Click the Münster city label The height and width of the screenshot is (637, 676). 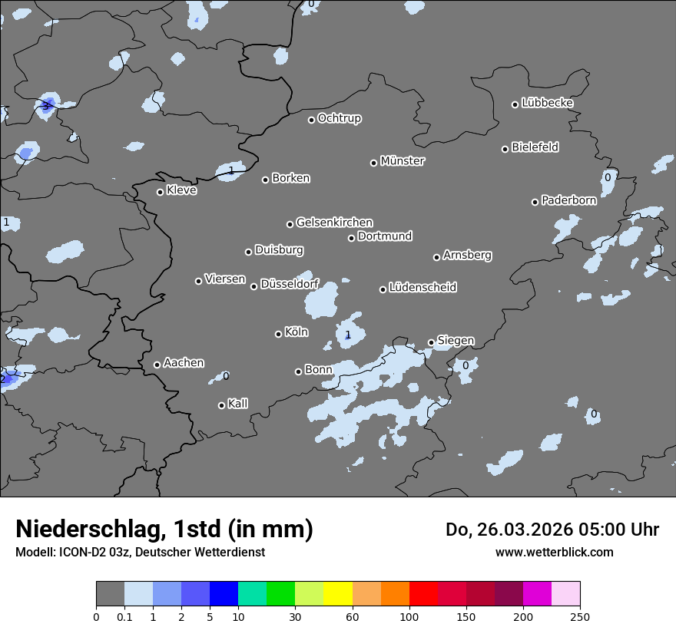tap(403, 161)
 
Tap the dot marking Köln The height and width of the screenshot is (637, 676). tap(278, 334)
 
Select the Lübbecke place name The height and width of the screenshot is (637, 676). tap(547, 103)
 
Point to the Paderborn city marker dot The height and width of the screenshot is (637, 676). tap(535, 202)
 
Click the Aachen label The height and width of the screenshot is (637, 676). tap(184, 363)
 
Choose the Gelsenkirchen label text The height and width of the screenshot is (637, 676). tap(334, 223)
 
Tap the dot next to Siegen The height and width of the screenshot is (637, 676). tap(431, 343)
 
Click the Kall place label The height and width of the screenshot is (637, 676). tap(237, 404)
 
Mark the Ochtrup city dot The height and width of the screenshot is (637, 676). tap(311, 120)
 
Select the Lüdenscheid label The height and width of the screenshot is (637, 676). tap(422, 288)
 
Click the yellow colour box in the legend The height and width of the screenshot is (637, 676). tap(338, 594)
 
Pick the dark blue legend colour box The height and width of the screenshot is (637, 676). tap(224, 594)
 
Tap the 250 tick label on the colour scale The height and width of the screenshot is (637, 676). tap(580, 616)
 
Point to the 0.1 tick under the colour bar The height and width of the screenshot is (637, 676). tap(124, 616)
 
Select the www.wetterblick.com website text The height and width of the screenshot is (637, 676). tap(554, 553)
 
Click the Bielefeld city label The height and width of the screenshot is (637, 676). tap(535, 147)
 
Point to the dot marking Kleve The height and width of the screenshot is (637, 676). tap(160, 192)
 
